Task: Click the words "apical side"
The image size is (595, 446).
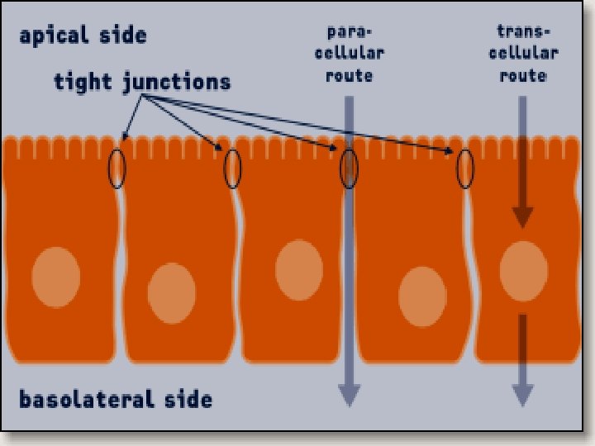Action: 83,36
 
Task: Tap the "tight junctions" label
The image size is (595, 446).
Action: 142,82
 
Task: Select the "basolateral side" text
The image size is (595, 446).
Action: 116,401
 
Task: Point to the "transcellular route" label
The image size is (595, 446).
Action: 522,54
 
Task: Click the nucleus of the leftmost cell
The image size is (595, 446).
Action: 56,277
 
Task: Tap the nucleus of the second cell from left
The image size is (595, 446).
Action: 172,293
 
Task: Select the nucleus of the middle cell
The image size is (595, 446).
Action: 298,270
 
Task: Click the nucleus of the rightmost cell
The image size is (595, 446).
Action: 524,271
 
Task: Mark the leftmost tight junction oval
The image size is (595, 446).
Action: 117,168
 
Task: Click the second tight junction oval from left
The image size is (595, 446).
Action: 233,168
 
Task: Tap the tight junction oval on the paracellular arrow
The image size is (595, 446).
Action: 349,168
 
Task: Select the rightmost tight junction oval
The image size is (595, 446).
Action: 465,168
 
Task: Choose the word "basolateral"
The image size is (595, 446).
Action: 87,401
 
